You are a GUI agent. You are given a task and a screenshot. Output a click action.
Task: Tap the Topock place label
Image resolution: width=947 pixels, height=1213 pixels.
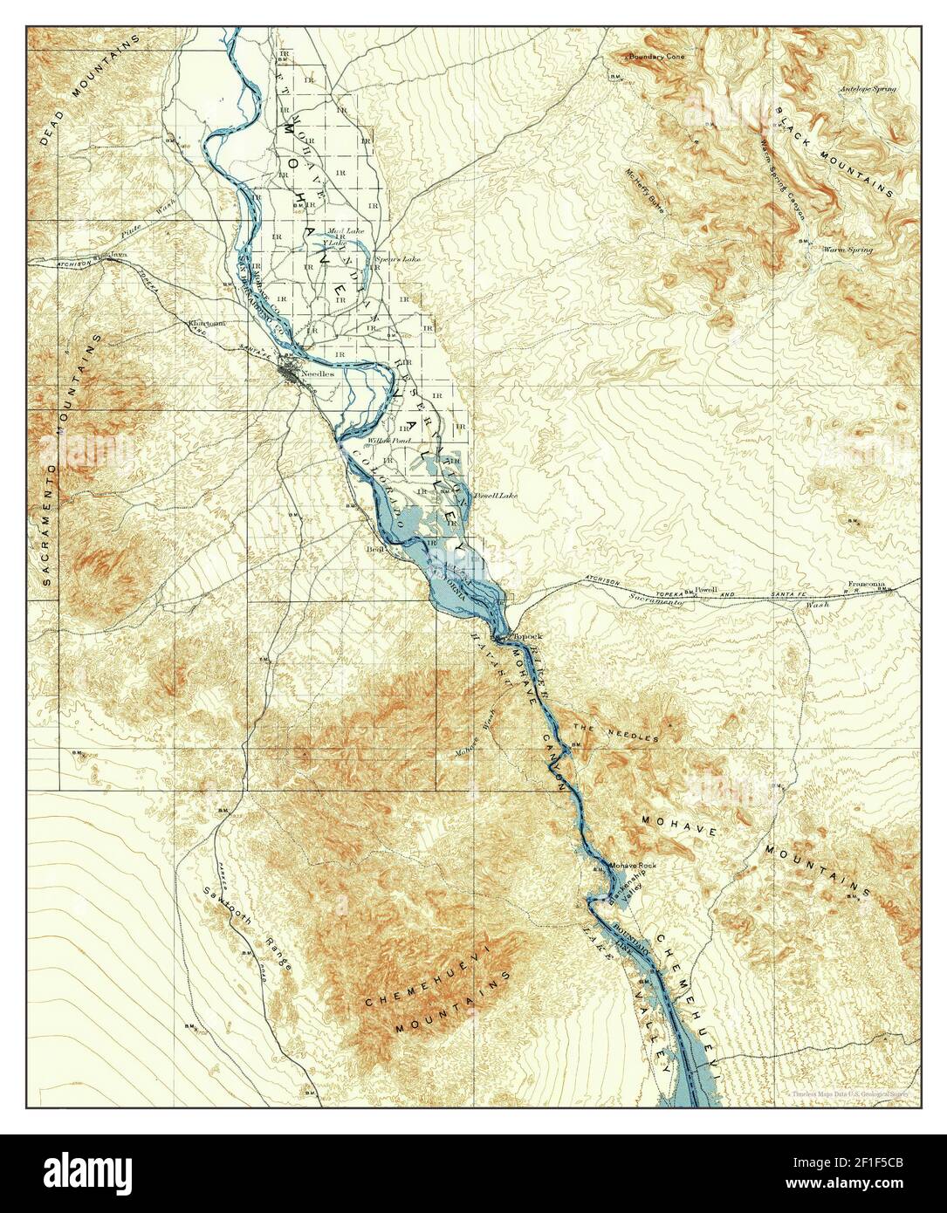click(528, 635)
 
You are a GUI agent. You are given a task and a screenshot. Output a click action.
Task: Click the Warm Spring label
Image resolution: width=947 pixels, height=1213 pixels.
click(847, 250)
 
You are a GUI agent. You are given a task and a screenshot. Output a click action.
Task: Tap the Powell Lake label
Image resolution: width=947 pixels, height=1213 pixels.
click(495, 495)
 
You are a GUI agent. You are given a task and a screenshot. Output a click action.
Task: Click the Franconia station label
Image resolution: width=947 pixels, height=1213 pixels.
click(866, 584)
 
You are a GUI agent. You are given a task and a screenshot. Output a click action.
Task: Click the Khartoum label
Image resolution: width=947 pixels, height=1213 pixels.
click(208, 323)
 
